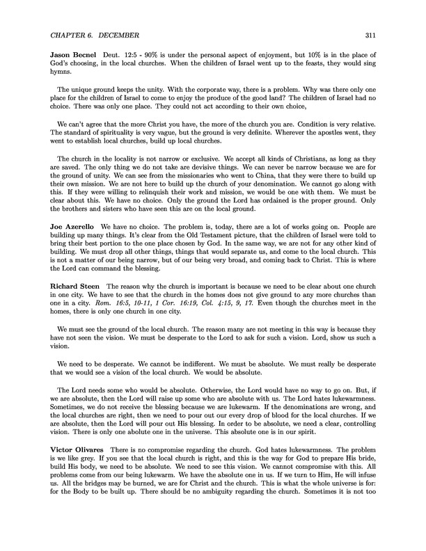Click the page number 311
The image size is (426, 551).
tap(370, 34)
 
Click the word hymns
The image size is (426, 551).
tap(61, 82)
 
